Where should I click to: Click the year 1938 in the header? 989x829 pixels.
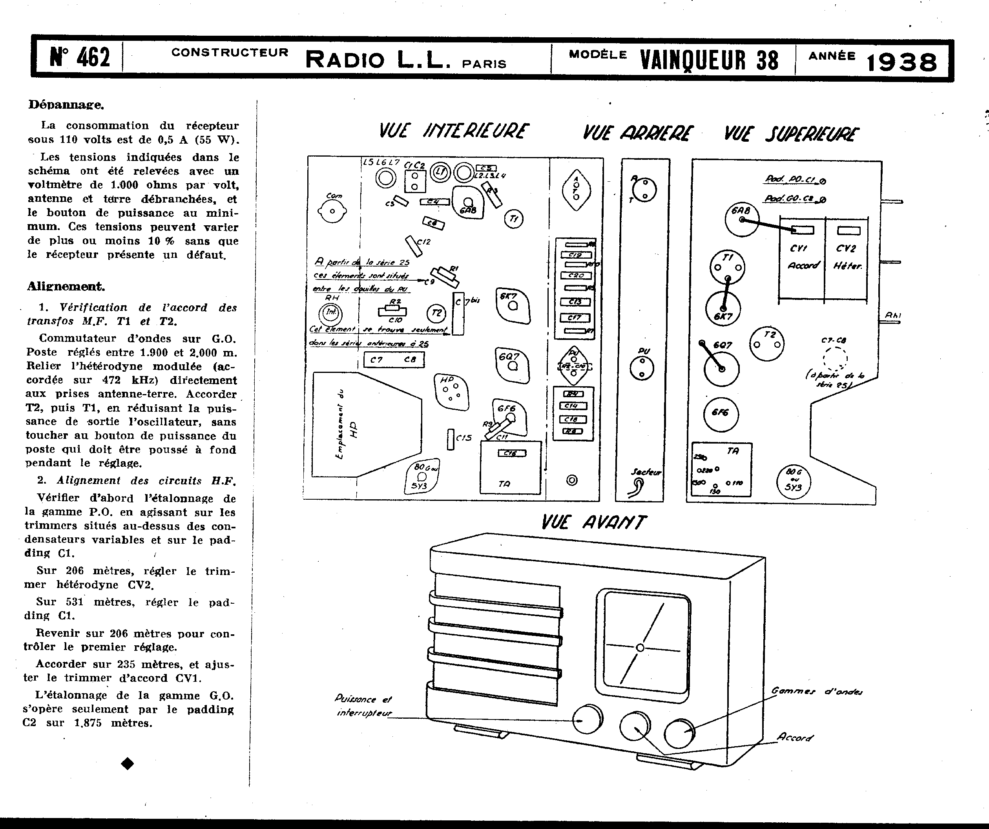pyautogui.click(x=901, y=62)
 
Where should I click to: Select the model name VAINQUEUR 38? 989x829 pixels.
pyautogui.click(x=709, y=61)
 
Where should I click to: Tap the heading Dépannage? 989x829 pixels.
pyautogui.click(x=66, y=104)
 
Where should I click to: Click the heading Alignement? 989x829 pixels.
pyautogui.click(x=66, y=286)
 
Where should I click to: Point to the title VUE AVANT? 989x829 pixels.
pyautogui.click(x=593, y=522)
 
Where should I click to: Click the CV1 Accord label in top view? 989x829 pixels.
pyautogui.click(x=803, y=257)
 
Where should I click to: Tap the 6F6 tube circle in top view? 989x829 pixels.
pyautogui.click(x=721, y=413)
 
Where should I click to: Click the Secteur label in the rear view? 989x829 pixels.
pyautogui.click(x=646, y=472)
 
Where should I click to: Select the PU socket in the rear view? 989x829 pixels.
pyautogui.click(x=641, y=367)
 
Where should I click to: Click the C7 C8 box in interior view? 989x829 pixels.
pyautogui.click(x=394, y=360)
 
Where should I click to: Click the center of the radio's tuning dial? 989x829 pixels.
pyautogui.click(x=640, y=648)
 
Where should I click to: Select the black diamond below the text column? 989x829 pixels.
pyautogui.click(x=127, y=763)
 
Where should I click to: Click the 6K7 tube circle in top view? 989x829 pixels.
pyautogui.click(x=723, y=309)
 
